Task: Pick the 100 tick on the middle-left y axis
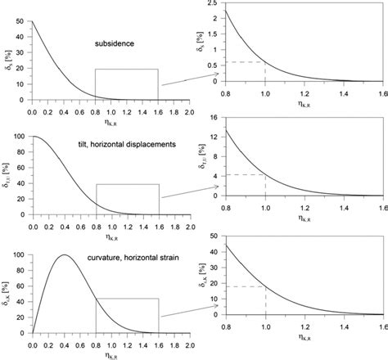point(20,137)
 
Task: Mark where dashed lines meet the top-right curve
point(265,62)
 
